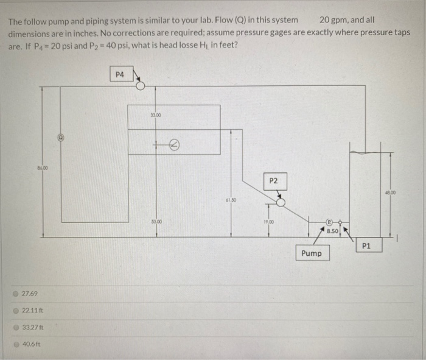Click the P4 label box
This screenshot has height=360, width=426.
click(119, 74)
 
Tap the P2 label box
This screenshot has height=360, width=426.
click(273, 181)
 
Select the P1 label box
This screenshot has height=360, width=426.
click(366, 246)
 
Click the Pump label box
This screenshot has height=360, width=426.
click(312, 253)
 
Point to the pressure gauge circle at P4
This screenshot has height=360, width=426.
click(141, 86)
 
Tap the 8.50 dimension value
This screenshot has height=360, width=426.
click(332, 231)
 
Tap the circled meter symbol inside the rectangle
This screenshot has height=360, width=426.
click(173, 144)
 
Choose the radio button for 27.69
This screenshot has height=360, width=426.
click(16, 294)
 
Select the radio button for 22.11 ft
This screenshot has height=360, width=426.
click(16, 311)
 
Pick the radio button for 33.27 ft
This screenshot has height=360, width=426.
click(16, 327)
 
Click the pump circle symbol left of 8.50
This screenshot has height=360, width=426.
click(329, 223)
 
